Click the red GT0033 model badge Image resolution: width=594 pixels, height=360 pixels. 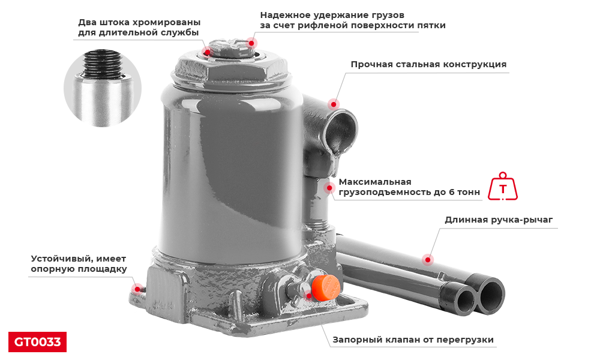[x=37, y=342]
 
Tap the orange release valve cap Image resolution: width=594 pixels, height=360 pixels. [x=325, y=288]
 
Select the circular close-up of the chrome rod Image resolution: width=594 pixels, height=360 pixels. [x=102, y=88]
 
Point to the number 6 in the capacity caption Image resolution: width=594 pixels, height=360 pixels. [x=452, y=192]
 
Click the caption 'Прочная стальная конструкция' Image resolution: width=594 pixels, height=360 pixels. [x=428, y=64]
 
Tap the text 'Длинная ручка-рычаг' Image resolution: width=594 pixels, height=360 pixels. [x=499, y=220]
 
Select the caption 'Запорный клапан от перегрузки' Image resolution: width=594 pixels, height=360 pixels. [x=413, y=340]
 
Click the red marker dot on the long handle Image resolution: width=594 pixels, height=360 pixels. [x=428, y=260]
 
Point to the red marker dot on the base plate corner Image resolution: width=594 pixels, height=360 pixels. [x=137, y=289]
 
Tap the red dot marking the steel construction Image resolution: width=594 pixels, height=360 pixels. [x=334, y=104]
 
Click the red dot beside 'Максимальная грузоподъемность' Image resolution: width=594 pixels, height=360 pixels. [x=329, y=188]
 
